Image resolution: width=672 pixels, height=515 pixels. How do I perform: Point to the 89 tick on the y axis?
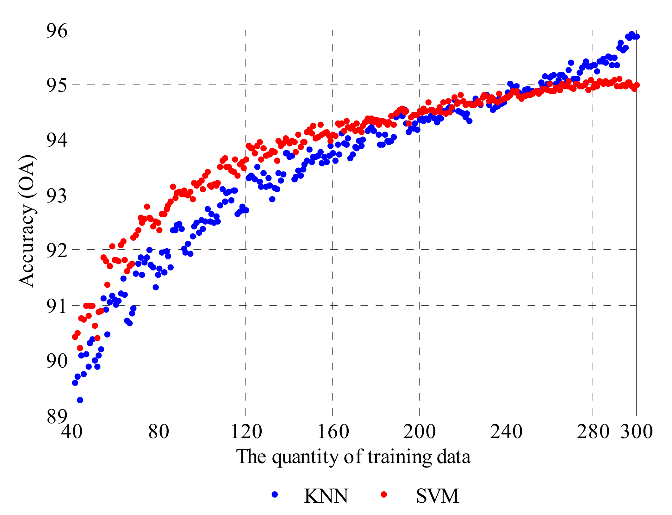click(57, 416)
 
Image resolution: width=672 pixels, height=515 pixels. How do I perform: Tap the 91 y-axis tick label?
click(57, 306)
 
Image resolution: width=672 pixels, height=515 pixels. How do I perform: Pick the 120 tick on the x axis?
click(246, 431)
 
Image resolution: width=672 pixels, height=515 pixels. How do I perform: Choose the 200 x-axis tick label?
click(419, 431)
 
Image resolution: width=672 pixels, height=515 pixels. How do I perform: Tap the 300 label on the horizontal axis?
click(636, 431)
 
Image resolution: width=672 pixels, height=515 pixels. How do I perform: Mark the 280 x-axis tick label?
click(593, 431)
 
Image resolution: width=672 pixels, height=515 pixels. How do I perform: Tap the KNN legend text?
click(326, 496)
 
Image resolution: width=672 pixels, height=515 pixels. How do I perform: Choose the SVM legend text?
click(437, 496)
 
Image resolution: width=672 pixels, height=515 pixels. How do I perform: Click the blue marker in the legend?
click(275, 494)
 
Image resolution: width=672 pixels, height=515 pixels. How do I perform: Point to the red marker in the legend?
click(384, 494)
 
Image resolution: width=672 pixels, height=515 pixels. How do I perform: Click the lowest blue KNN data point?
click(80, 400)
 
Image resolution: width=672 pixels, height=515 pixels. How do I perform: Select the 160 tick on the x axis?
click(333, 431)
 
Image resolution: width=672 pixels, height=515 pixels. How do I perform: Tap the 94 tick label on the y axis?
click(57, 140)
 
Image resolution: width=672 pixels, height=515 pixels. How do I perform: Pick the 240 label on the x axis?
click(506, 431)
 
